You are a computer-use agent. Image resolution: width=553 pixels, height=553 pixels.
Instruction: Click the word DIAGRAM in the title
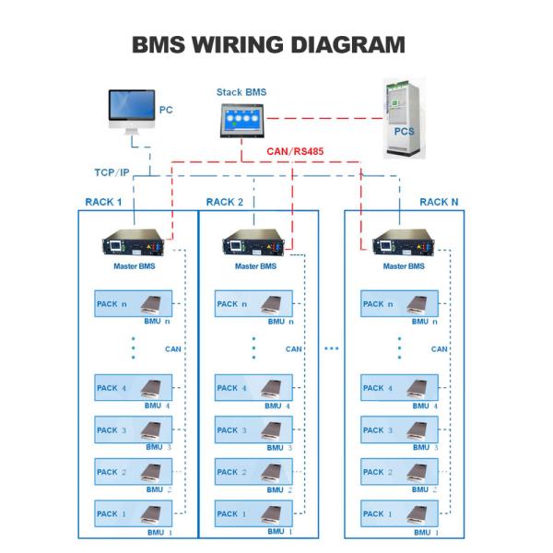click(347, 45)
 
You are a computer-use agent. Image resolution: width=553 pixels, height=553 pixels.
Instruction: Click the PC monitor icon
click(132, 112)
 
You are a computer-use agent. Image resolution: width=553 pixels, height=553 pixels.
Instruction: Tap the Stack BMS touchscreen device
click(241, 120)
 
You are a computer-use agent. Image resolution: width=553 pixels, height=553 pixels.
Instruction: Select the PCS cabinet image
click(405, 119)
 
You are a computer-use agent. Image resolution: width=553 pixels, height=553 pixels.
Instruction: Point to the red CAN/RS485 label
click(295, 151)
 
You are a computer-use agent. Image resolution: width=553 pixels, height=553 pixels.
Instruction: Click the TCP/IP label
click(112, 172)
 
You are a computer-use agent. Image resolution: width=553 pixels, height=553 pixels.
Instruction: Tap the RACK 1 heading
click(103, 202)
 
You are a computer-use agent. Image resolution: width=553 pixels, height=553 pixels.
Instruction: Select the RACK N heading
click(439, 202)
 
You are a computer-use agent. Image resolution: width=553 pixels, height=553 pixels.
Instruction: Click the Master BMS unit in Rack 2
click(253, 241)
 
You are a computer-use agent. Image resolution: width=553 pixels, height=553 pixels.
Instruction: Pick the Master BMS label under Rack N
click(404, 266)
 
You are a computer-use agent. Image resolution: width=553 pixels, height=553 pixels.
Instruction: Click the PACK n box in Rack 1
click(134, 303)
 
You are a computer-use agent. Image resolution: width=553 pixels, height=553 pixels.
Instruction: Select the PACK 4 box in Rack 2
click(253, 388)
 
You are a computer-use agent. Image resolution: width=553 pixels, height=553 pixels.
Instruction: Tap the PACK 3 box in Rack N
click(399, 429)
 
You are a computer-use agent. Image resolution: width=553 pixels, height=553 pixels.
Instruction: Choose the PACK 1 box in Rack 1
click(134, 513)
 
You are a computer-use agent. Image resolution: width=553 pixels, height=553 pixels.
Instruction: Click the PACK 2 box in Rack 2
click(253, 472)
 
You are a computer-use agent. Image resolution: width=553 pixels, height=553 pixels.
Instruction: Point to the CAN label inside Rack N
click(439, 349)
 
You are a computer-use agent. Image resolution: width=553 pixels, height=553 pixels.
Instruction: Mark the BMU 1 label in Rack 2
click(279, 532)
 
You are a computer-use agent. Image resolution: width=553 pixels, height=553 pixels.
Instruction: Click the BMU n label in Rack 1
click(157, 322)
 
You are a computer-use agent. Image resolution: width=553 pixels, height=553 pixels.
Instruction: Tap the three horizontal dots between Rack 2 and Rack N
click(332, 348)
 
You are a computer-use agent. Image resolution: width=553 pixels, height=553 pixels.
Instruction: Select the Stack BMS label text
click(241, 92)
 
